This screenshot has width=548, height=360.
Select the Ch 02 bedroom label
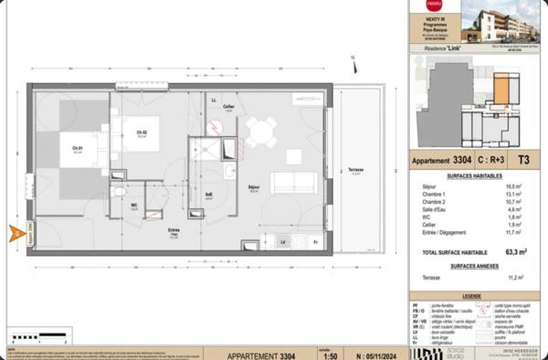142,134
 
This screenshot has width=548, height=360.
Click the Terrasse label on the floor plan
356,170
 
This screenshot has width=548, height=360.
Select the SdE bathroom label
209,194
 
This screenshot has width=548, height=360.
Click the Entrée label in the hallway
174,230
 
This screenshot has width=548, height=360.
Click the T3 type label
522,157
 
